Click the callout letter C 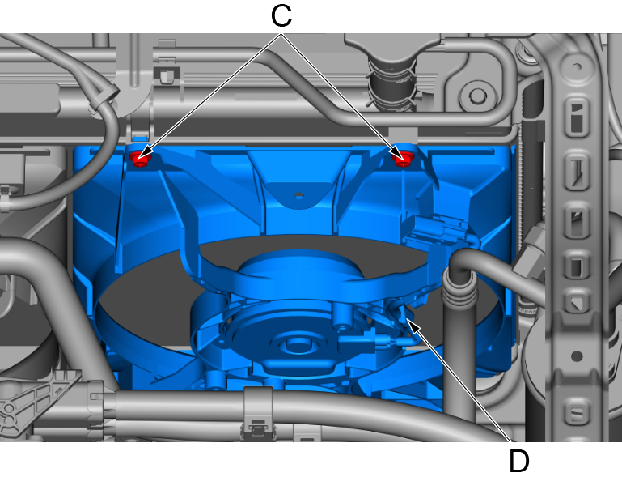tap(281, 16)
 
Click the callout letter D tap(518, 461)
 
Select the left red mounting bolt tap(139, 159)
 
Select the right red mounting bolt tap(403, 159)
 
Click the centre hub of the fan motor tap(295, 343)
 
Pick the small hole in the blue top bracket tap(298, 195)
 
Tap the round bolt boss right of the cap tap(477, 96)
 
